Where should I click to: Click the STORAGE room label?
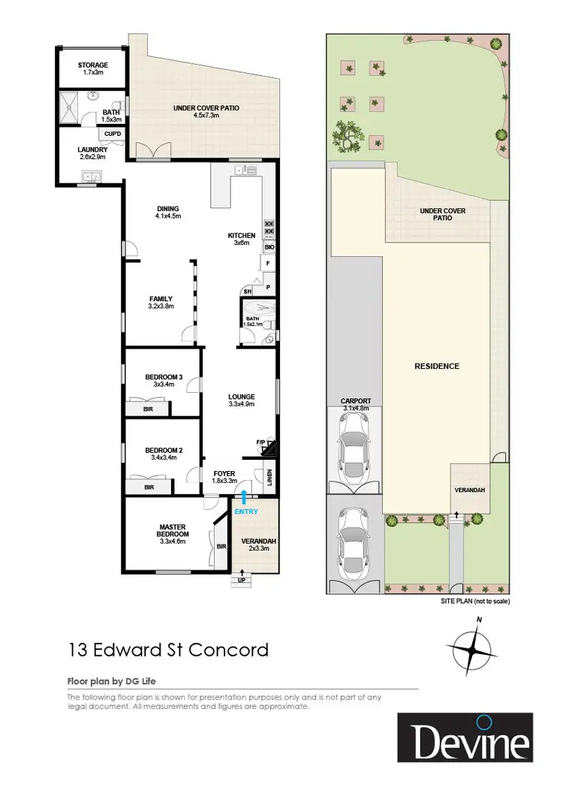click(x=92, y=65)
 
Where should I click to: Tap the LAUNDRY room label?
click(x=92, y=149)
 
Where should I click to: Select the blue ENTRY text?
click(x=246, y=512)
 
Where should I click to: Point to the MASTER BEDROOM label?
click(x=173, y=530)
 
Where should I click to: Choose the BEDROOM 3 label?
click(x=164, y=377)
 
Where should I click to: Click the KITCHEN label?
click(x=242, y=236)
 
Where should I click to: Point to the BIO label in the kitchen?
click(x=269, y=246)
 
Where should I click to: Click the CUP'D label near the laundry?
click(x=113, y=133)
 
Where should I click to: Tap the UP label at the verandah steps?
click(x=242, y=580)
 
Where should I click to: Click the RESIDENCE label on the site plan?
click(x=437, y=367)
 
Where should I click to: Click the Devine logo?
click(x=465, y=738)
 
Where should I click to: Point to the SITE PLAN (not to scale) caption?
click(x=474, y=602)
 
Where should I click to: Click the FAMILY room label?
click(x=161, y=298)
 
